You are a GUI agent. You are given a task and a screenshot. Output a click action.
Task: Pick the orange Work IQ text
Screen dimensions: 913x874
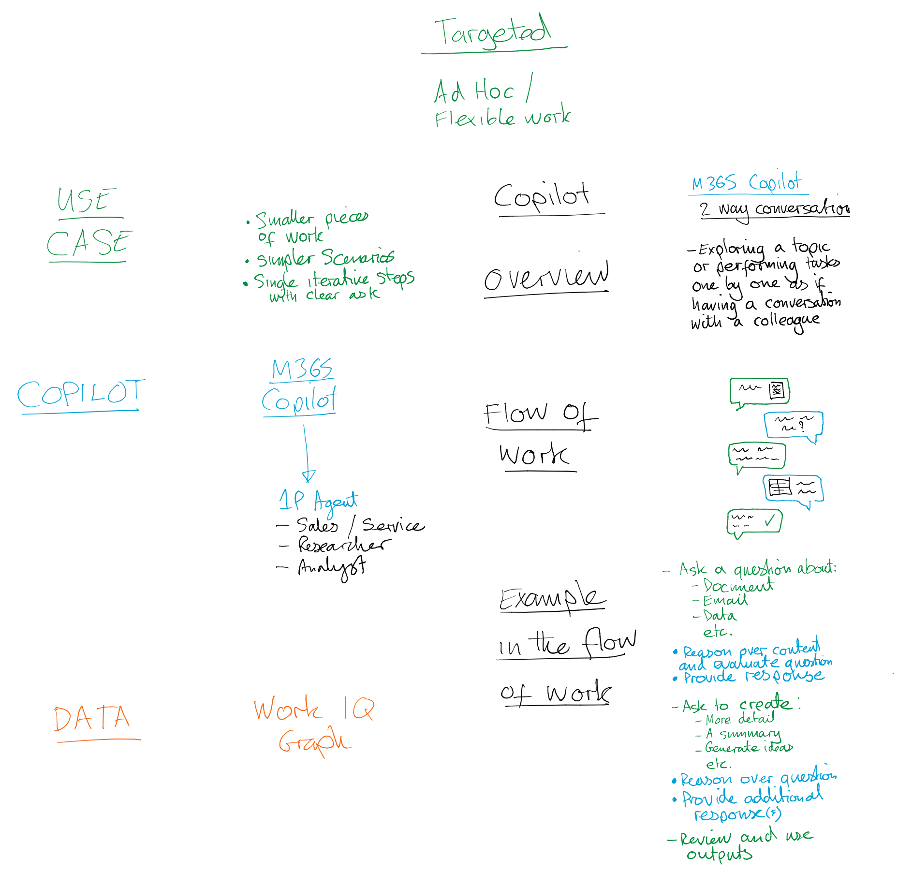pyautogui.click(x=313, y=710)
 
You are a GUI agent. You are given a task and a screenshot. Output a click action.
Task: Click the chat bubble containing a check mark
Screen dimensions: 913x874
pyautogui.click(x=754, y=522)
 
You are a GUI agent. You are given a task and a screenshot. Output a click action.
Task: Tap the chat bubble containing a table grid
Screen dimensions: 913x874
pyautogui.click(x=793, y=489)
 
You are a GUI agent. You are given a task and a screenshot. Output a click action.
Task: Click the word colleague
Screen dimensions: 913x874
pyautogui.click(x=786, y=321)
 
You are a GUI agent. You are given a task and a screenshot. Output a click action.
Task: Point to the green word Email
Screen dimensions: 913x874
pyautogui.click(x=725, y=601)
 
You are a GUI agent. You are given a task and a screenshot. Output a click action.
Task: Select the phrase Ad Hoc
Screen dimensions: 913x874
pyautogui.click(x=474, y=91)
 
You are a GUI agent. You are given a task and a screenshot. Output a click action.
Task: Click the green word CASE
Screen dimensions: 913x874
pyautogui.click(x=88, y=243)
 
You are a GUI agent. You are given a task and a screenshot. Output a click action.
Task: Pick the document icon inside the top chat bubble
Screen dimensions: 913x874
pyautogui.click(x=777, y=390)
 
